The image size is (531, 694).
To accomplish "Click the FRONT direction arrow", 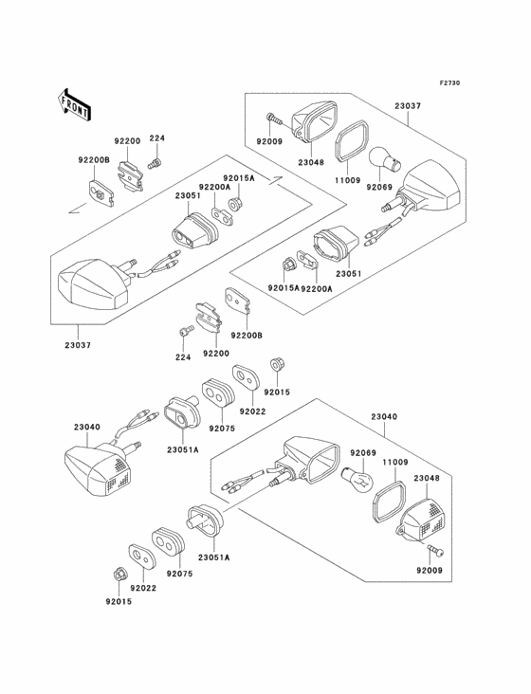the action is [x=74, y=104].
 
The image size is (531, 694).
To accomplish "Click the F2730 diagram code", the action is [x=449, y=82].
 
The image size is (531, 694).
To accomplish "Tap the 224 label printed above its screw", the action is [x=156, y=138].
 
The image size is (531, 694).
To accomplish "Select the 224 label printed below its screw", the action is [x=183, y=357].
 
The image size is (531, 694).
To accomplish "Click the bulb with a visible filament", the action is [x=358, y=479].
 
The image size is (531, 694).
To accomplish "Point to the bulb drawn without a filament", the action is [x=385, y=160].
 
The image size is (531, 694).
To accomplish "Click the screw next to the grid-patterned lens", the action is [x=436, y=550].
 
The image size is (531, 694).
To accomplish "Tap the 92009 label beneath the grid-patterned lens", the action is [x=430, y=570].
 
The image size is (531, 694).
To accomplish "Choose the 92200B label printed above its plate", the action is [x=94, y=160].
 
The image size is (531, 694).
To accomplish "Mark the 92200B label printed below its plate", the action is [x=247, y=335].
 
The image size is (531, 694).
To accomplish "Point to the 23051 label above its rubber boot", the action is [x=188, y=195].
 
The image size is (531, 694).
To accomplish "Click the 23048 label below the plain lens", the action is [x=311, y=162].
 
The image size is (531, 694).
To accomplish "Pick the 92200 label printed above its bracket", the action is [x=127, y=141].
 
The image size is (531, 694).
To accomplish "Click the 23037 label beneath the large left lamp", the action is [x=78, y=345].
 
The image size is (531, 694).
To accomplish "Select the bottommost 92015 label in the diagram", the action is [x=119, y=601].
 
